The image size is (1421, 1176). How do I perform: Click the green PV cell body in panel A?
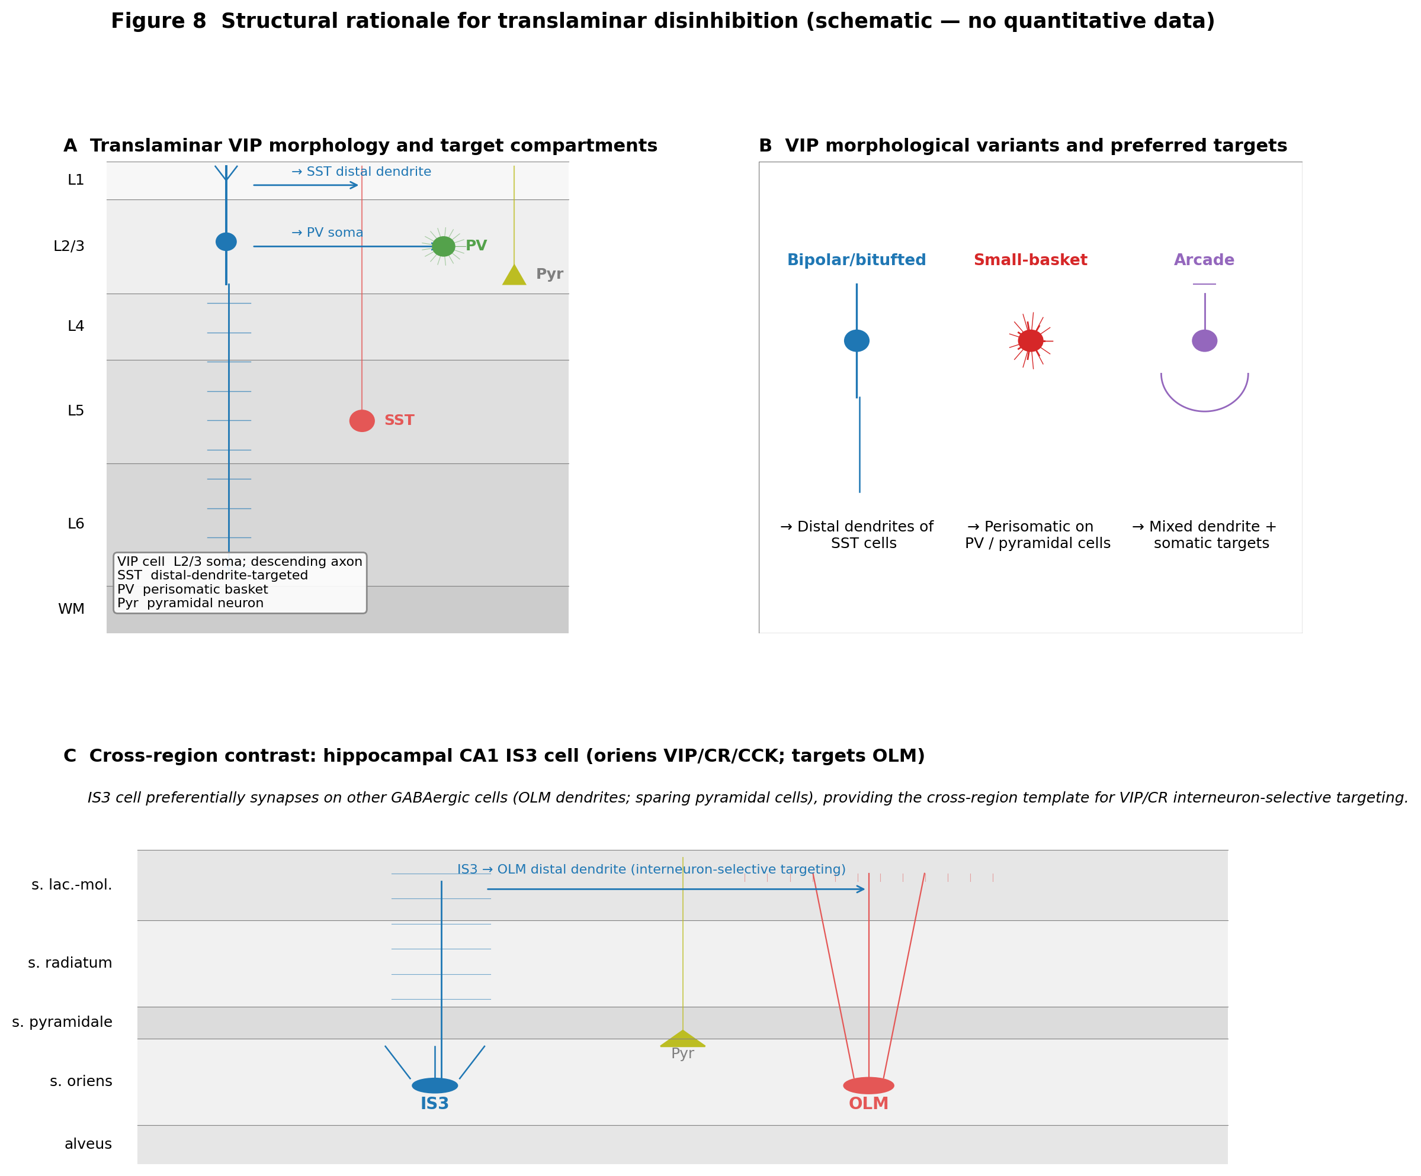click(x=443, y=246)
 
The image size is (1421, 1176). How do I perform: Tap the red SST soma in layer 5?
click(x=362, y=421)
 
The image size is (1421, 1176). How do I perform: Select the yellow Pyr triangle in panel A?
click(x=514, y=275)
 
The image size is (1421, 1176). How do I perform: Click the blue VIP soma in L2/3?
click(x=226, y=241)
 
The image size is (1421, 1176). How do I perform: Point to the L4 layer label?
click(x=76, y=327)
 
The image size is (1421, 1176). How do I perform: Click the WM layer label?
click(x=71, y=609)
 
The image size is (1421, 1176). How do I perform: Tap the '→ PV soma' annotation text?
click(x=328, y=233)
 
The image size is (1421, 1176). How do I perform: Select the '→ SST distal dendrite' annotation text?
click(x=361, y=172)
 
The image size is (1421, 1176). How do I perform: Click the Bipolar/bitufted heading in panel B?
click(x=857, y=260)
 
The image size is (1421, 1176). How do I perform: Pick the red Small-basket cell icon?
click(x=1031, y=341)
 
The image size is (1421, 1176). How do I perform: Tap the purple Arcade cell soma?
click(x=1204, y=341)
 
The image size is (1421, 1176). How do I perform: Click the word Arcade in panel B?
click(x=1204, y=260)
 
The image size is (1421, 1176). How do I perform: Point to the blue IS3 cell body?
click(x=435, y=1085)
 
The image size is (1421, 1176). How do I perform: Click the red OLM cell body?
click(x=869, y=1085)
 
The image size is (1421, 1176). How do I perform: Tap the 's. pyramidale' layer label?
click(x=62, y=1022)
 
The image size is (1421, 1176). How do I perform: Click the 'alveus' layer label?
click(x=88, y=1143)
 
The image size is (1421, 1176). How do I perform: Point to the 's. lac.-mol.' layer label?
click(x=72, y=885)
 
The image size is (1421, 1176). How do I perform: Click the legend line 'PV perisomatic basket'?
click(x=193, y=589)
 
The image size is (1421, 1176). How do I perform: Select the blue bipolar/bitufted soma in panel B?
click(x=857, y=341)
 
